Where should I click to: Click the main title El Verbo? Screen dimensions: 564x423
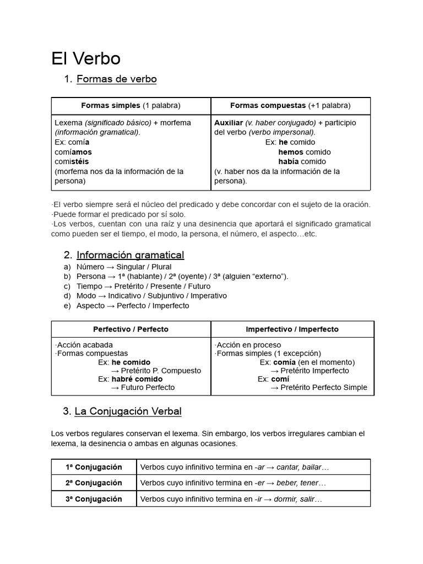[x=86, y=59]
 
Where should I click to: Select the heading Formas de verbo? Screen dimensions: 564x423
[x=116, y=79]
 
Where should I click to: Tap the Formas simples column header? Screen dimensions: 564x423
[x=131, y=106]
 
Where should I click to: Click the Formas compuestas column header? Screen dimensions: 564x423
[x=290, y=106]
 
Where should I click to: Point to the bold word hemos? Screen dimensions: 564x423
[x=291, y=152]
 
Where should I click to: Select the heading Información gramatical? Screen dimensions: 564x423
[x=130, y=255]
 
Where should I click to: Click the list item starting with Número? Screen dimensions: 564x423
[x=124, y=267]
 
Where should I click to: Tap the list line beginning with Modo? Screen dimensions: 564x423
[x=151, y=296]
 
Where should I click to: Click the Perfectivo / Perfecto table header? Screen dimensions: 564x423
[x=131, y=329]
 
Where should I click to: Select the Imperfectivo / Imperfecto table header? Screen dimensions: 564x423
[x=292, y=329]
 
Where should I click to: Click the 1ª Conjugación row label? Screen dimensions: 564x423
[x=94, y=468]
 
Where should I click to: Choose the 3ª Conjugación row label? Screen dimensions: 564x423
[x=94, y=500]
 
